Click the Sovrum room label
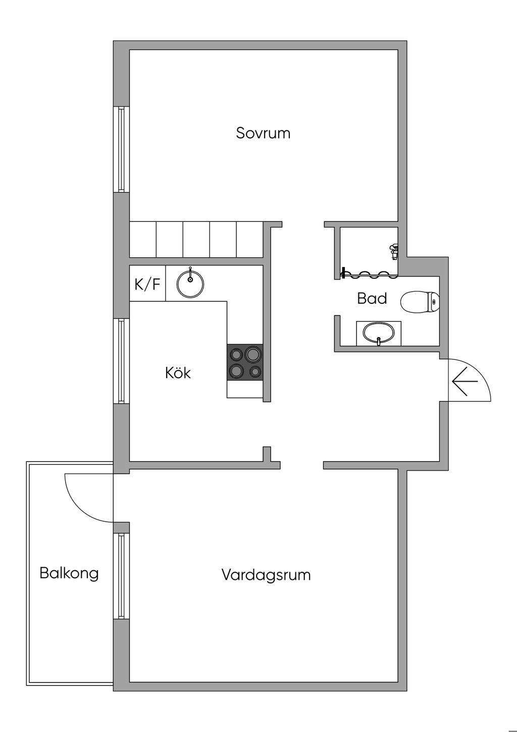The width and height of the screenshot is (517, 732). click(x=263, y=133)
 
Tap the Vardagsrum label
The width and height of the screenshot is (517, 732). click(x=266, y=575)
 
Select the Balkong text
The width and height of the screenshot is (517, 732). click(x=69, y=573)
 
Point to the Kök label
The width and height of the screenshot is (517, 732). click(x=178, y=373)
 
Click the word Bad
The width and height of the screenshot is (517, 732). click(x=372, y=298)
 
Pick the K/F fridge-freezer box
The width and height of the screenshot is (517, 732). click(x=147, y=284)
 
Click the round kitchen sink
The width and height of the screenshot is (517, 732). click(x=190, y=284)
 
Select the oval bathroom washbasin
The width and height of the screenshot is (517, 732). click(x=379, y=333)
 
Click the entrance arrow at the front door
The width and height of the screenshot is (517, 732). click(x=464, y=381)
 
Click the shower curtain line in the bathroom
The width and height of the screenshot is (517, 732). click(x=369, y=275)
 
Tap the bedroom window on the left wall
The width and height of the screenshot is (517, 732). click(x=121, y=149)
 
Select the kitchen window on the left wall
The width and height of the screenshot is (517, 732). click(x=121, y=360)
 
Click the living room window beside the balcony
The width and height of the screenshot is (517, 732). click(x=121, y=576)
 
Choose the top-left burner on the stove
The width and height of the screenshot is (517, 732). click(x=236, y=354)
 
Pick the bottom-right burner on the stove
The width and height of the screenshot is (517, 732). click(x=255, y=372)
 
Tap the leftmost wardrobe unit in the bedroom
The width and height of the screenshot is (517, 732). click(x=143, y=239)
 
